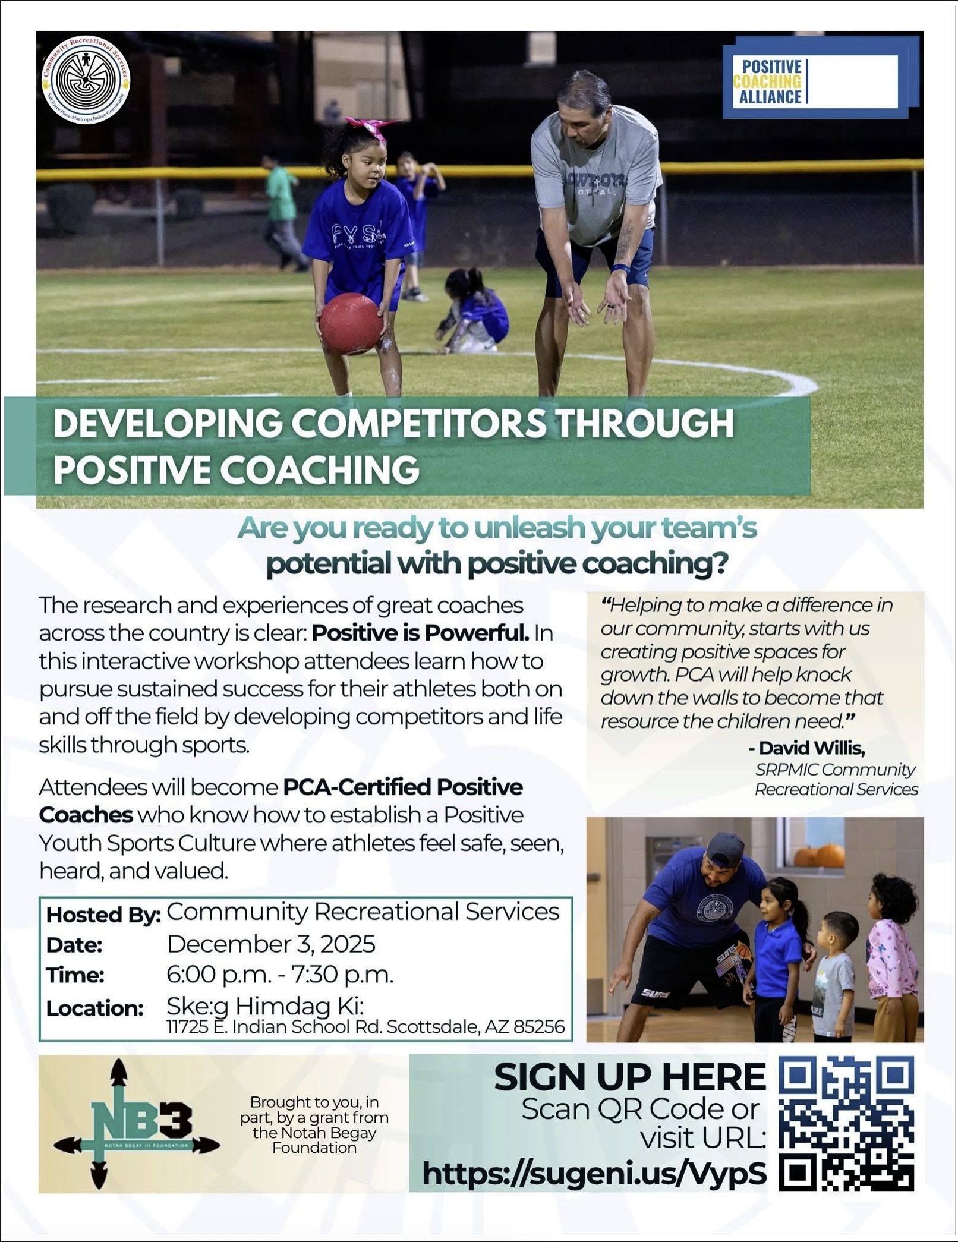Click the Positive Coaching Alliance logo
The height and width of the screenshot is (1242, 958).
point(820,78)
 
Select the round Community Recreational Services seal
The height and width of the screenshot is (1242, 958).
point(86,81)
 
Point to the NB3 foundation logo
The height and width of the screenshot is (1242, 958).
point(137,1122)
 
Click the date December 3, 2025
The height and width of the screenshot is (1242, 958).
point(271,944)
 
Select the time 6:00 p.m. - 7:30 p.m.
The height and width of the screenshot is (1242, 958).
point(280,975)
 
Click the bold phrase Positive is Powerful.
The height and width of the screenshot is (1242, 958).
point(420,633)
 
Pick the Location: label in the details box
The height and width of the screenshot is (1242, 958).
point(95,1008)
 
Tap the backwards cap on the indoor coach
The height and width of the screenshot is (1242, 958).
point(724,847)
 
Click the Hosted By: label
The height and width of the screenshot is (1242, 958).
point(103,915)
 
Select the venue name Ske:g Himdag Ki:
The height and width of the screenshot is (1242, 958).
point(265,1006)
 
